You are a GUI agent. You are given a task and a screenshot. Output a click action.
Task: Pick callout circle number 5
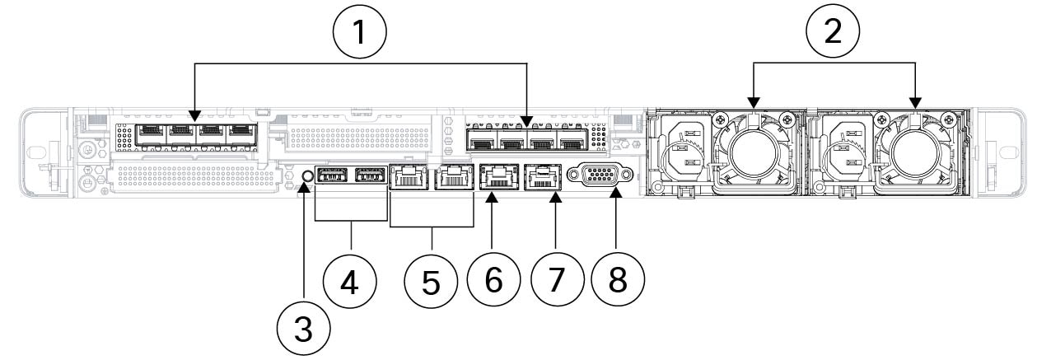(432, 281)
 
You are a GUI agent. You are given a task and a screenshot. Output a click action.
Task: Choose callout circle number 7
(555, 280)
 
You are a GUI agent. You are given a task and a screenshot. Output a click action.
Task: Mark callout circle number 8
(617, 280)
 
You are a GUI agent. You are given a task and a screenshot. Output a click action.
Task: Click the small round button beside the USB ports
(307, 175)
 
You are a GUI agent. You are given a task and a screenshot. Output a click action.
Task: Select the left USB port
(331, 176)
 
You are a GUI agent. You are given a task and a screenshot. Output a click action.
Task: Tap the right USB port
(369, 176)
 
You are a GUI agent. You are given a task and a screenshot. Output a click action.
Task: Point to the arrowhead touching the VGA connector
(617, 195)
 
